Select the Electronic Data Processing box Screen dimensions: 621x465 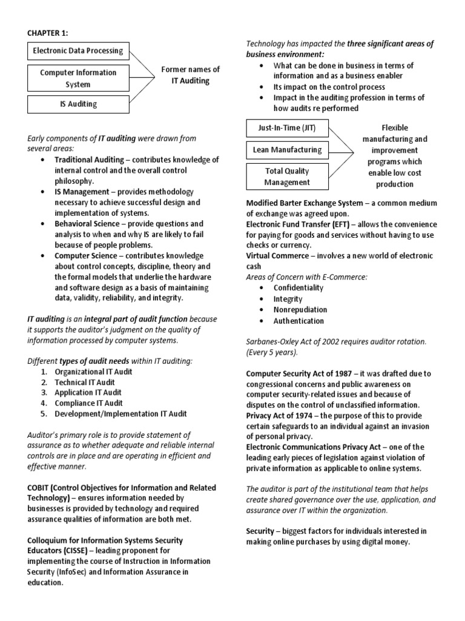[x=78, y=50]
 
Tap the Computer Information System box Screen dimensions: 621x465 [x=78, y=78]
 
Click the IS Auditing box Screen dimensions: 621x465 [x=78, y=104]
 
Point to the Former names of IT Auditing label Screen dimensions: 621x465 [x=191, y=75]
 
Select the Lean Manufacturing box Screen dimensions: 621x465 [x=287, y=150]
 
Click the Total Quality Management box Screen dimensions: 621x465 [x=287, y=176]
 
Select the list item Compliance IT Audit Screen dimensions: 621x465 [x=88, y=403]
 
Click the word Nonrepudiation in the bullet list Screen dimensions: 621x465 [x=300, y=310]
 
